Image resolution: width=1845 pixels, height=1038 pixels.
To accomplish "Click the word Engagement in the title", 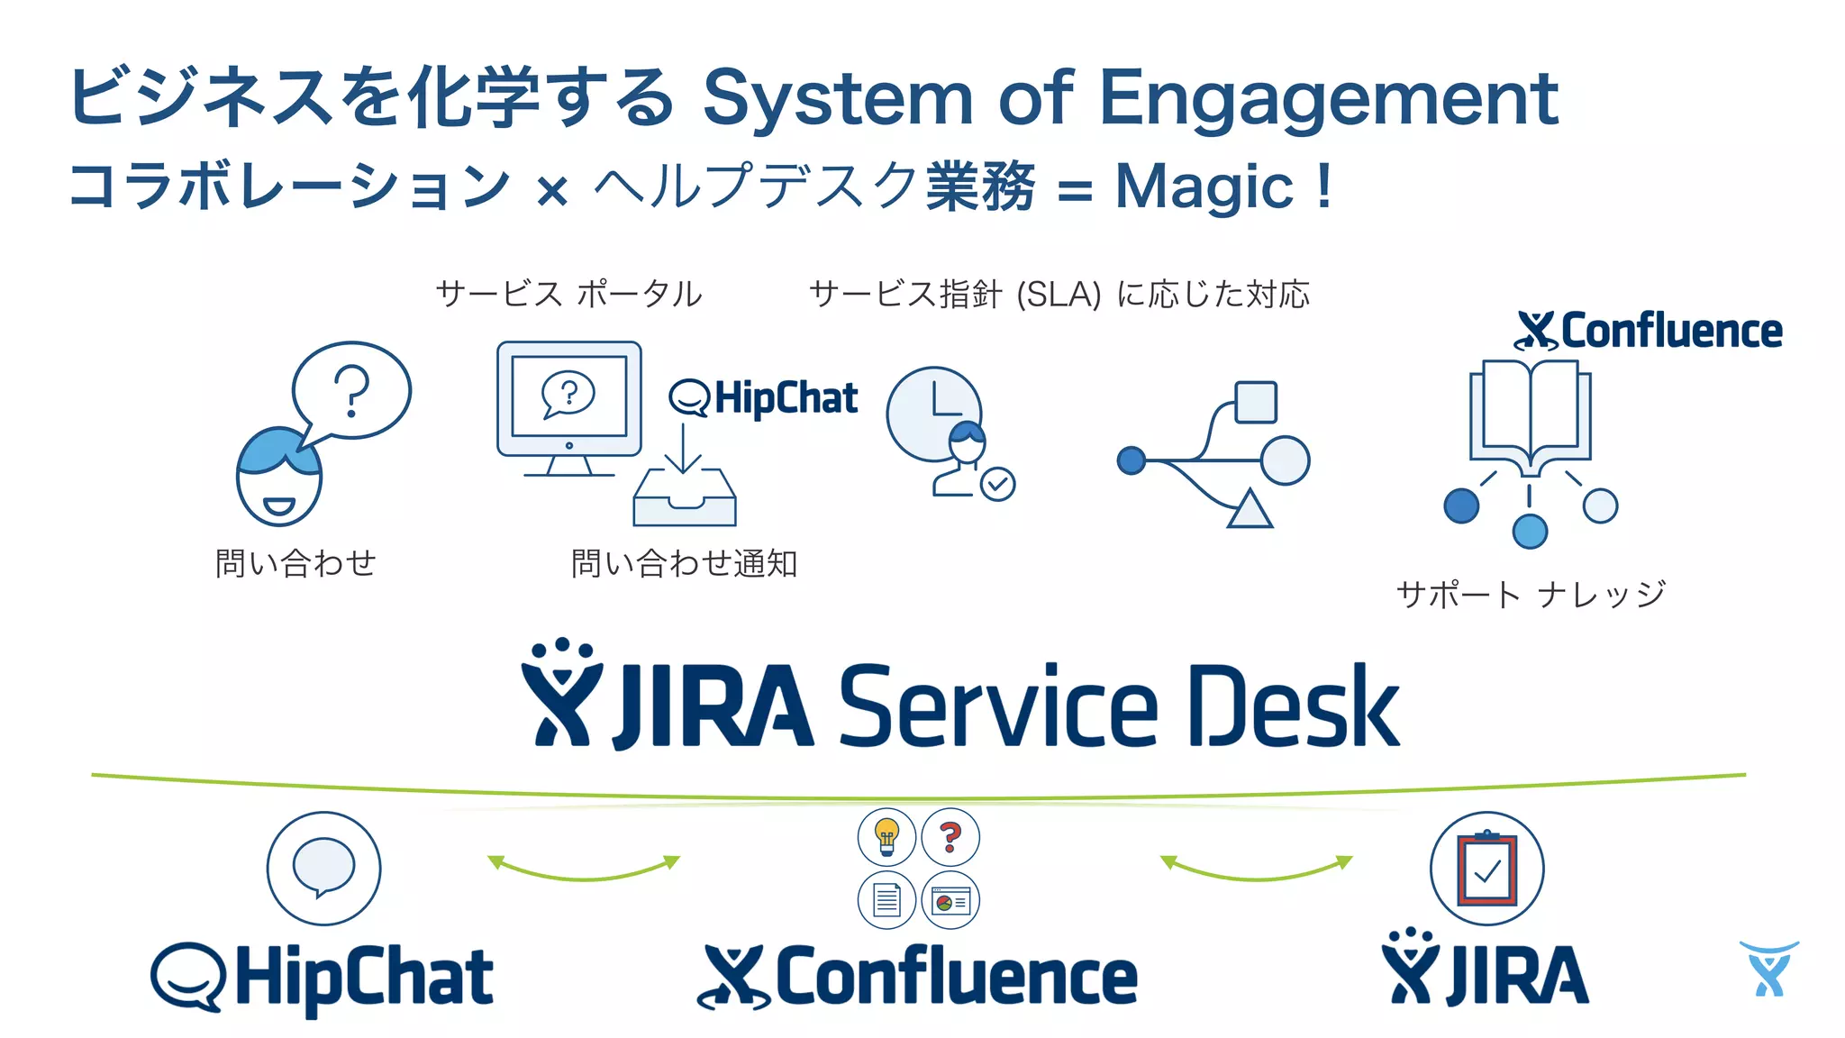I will [x=1328, y=99].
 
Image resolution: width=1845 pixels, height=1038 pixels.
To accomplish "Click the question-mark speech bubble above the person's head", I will [x=351, y=390].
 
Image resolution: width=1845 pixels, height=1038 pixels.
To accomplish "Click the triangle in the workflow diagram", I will [x=1249, y=510].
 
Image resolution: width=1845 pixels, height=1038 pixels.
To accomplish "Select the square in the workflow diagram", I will [x=1255, y=402].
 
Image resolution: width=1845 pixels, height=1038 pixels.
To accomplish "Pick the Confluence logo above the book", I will [x=1649, y=331].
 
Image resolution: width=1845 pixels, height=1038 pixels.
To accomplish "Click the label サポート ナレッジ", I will [x=1530, y=595].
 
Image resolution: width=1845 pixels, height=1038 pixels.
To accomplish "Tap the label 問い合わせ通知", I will [x=684, y=564].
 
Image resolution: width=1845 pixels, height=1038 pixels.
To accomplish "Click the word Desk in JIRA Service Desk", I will [x=1294, y=706].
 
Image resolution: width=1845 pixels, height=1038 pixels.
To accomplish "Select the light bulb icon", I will [x=886, y=836].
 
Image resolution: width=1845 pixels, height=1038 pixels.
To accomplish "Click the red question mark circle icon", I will [x=950, y=836].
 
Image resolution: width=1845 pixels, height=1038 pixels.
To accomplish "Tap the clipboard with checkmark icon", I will [x=1486, y=869].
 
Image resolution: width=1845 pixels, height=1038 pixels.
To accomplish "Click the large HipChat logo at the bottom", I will [x=322, y=978].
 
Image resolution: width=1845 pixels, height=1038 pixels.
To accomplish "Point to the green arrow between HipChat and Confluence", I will [x=584, y=869].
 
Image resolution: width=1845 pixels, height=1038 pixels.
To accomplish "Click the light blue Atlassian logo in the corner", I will [x=1768, y=969].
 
